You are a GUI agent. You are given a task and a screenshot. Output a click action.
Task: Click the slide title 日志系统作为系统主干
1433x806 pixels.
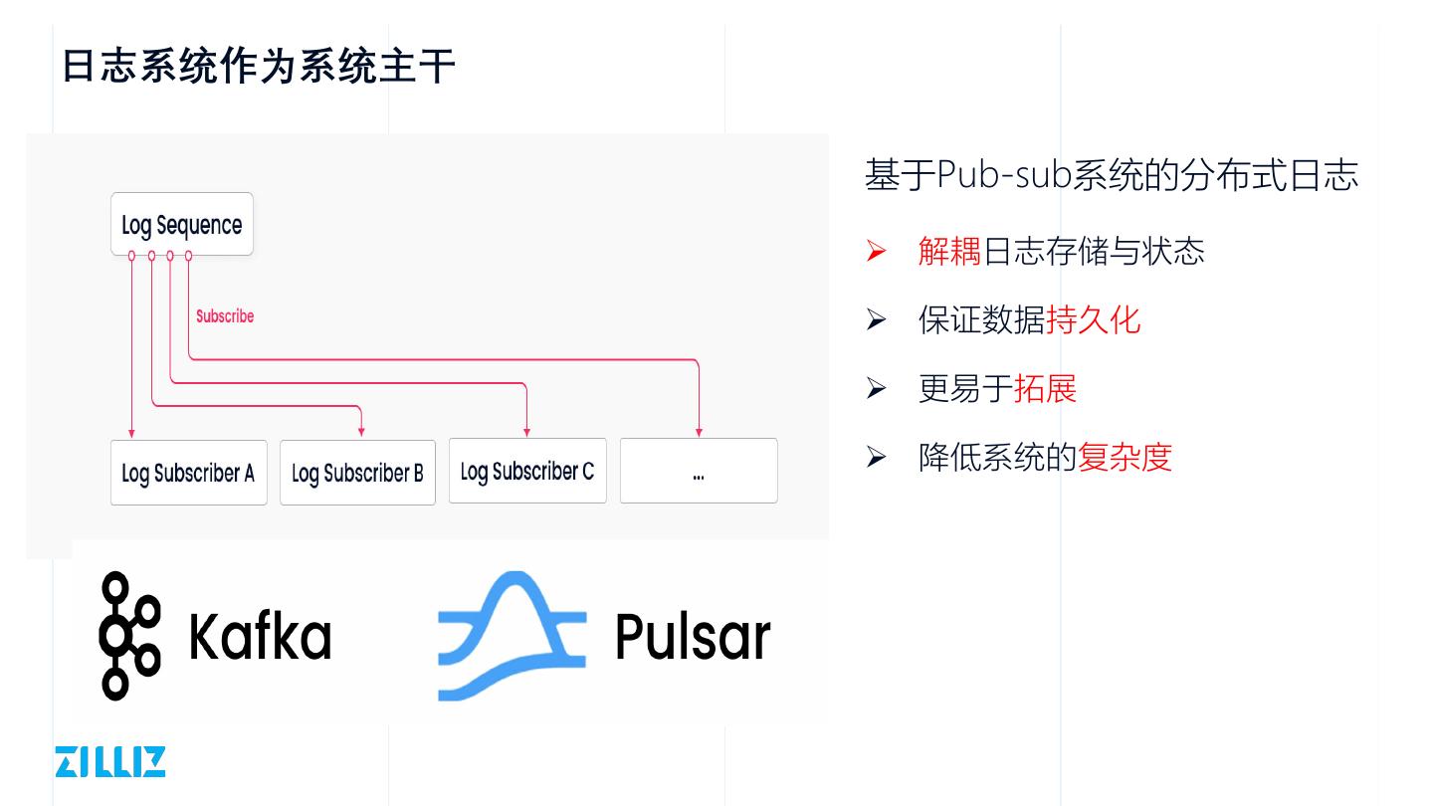click(x=259, y=67)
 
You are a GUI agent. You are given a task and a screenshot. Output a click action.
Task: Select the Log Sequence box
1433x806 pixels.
click(x=182, y=224)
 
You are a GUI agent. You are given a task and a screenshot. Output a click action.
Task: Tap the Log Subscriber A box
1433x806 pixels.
click(x=188, y=473)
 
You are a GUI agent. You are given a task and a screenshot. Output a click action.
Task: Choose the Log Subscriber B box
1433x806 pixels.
click(x=357, y=473)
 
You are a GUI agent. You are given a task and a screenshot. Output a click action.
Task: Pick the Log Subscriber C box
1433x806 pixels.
click(x=527, y=471)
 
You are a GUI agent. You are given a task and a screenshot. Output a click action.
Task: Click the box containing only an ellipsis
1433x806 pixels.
click(x=699, y=471)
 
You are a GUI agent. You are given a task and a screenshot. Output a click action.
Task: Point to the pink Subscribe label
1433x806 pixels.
click(x=225, y=316)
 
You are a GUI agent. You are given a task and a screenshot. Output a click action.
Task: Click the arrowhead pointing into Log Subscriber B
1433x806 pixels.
click(x=361, y=431)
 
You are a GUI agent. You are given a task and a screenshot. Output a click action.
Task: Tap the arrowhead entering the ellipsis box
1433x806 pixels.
click(x=699, y=431)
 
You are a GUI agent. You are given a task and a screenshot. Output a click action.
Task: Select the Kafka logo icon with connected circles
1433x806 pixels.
click(x=129, y=636)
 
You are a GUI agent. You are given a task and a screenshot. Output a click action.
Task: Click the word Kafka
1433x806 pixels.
click(x=260, y=636)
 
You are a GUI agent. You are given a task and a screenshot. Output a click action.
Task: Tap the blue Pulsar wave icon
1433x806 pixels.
click(x=512, y=636)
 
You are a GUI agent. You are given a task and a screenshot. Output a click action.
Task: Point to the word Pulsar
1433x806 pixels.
click(x=693, y=636)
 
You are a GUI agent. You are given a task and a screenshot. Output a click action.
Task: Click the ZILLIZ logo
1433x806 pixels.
click(x=110, y=761)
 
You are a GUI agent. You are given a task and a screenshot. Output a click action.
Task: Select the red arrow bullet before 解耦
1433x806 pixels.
click(x=876, y=251)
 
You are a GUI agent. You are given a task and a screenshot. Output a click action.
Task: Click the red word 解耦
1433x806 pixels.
click(x=949, y=251)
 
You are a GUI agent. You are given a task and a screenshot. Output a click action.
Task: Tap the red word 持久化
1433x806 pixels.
click(x=1093, y=319)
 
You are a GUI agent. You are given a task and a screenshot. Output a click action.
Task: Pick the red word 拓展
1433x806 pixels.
click(x=1045, y=388)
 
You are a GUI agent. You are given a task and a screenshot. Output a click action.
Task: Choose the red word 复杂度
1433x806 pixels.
click(x=1125, y=457)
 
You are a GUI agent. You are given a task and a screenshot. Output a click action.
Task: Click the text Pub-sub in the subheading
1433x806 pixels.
click(x=1004, y=175)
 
